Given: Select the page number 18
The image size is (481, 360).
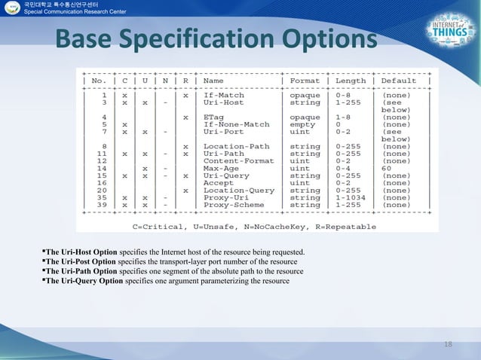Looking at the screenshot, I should pyautogui.click(x=449, y=344).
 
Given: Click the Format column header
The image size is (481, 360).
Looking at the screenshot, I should pyautogui.click(x=305, y=81).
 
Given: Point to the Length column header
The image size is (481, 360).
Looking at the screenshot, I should pyautogui.click(x=351, y=81).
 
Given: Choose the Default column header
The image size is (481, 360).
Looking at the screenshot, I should pyautogui.click(x=399, y=81).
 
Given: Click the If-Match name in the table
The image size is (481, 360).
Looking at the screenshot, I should pyautogui.click(x=224, y=96).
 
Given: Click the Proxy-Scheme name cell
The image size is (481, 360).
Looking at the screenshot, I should pyautogui.click(x=234, y=204).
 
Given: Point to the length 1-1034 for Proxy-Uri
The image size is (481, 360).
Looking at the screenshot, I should pyautogui.click(x=351, y=197).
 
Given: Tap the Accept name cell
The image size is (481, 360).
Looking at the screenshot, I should pyautogui.click(x=219, y=182).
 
